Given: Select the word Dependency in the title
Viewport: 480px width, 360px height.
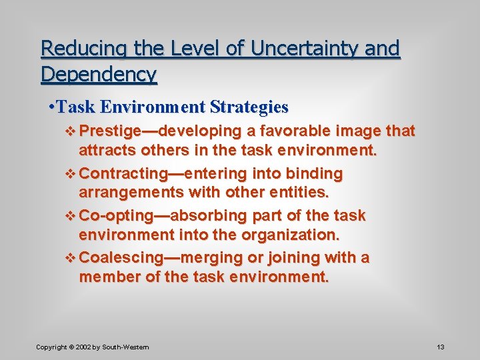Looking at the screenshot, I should click(99, 74).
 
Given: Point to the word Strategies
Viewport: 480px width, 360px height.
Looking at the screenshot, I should click(249, 107).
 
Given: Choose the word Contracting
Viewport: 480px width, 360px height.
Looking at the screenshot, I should click(123, 174).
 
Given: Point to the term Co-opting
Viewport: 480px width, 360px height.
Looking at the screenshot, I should click(113, 216).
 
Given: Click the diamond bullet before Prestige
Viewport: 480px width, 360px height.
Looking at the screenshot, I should click(71, 131).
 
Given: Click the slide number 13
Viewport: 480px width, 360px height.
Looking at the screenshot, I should click(441, 347).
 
